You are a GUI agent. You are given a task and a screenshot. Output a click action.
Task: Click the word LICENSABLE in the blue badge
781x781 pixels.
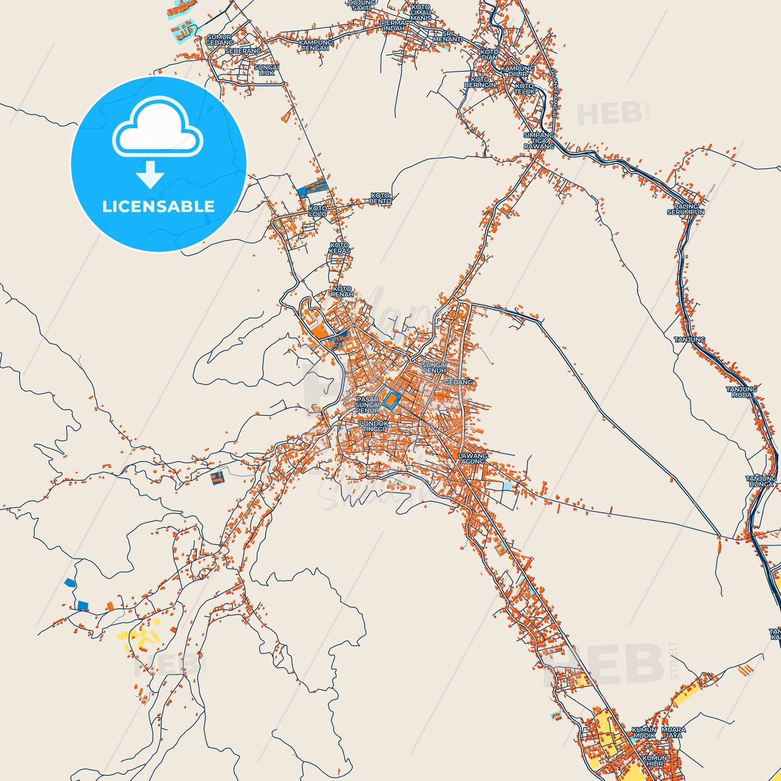(x=158, y=206)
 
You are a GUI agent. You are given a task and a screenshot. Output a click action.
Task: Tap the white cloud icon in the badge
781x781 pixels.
(x=157, y=129)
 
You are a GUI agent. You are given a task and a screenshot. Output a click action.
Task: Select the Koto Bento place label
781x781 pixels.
(x=381, y=198)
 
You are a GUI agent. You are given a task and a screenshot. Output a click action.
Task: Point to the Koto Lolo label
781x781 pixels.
(x=318, y=211)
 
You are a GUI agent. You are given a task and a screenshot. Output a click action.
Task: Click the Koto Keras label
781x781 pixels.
(x=340, y=248)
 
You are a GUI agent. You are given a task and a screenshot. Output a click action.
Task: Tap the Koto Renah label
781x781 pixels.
(x=342, y=292)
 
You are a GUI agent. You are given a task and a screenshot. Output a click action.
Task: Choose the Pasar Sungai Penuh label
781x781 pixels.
(x=368, y=405)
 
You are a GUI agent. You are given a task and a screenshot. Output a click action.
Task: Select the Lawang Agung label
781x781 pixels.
(x=472, y=458)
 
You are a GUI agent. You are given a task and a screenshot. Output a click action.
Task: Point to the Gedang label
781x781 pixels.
(x=458, y=382)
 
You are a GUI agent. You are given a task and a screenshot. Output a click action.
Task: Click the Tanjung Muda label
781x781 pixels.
(x=742, y=392)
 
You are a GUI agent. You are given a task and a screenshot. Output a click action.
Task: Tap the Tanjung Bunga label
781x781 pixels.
(x=761, y=481)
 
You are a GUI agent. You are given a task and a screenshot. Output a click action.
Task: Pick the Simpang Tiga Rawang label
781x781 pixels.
(x=539, y=141)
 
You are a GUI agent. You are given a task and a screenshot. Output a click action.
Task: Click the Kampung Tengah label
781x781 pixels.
(x=315, y=45)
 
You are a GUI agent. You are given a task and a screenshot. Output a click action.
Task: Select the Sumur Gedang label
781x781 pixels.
(x=219, y=39)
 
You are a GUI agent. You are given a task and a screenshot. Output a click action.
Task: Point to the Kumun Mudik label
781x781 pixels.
(x=644, y=732)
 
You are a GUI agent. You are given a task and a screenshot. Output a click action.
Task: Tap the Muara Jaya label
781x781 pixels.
(x=673, y=732)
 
